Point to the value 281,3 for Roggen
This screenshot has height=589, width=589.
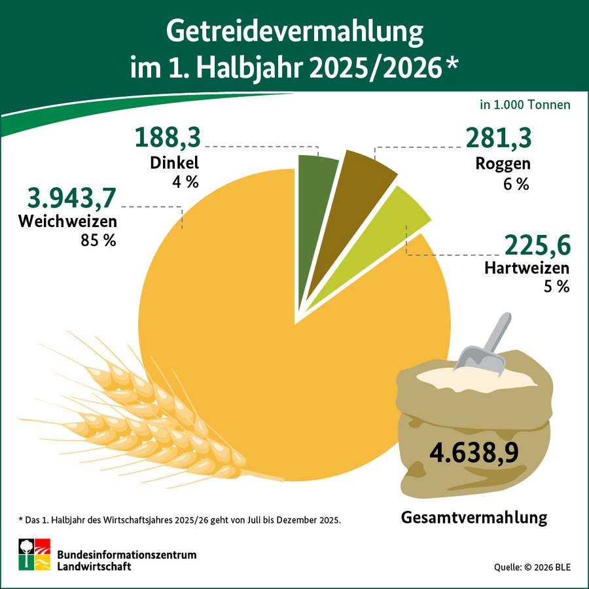(498, 138)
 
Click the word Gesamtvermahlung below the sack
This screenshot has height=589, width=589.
(473, 518)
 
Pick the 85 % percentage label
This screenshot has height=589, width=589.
(98, 240)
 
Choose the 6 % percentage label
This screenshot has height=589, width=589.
(516, 184)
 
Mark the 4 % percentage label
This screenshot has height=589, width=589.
(185, 182)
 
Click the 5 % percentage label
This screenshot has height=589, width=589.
(556, 286)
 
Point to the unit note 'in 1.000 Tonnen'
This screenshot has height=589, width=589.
(525, 105)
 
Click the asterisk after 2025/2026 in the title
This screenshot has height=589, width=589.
(452, 65)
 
